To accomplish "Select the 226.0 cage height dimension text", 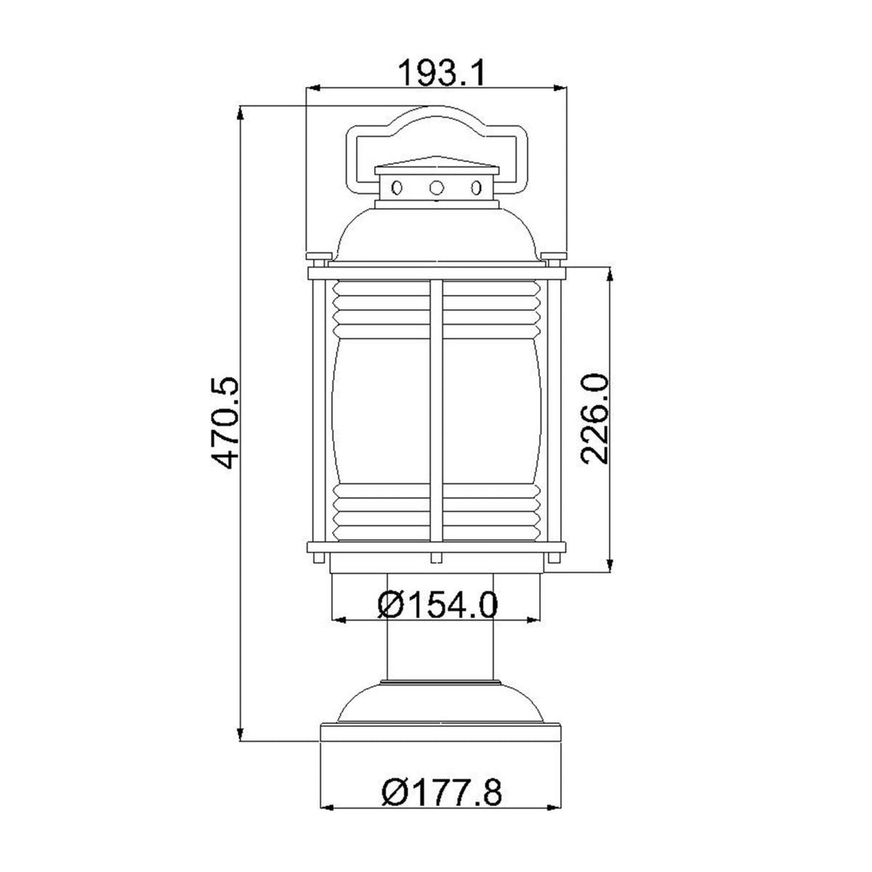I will click(594, 419).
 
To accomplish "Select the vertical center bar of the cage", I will click(436, 414).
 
